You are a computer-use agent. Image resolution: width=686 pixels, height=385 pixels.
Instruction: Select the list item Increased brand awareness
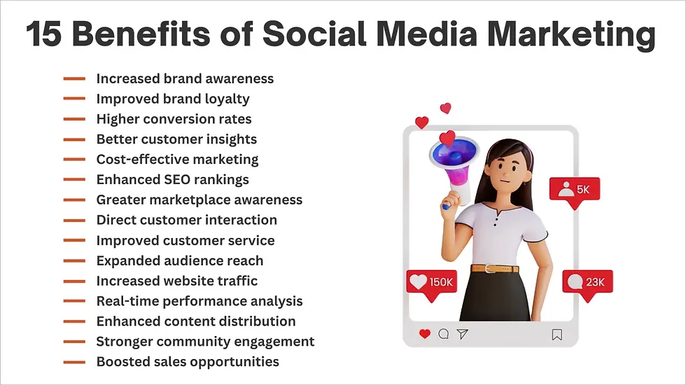(185, 79)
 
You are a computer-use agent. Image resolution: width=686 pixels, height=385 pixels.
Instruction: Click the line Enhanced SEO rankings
(172, 180)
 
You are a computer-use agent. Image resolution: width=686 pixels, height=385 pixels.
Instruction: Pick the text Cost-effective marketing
(177, 160)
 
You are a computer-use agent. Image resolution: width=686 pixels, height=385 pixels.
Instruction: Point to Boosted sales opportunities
(188, 362)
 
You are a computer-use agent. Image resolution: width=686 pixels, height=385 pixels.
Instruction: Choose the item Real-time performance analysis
(199, 301)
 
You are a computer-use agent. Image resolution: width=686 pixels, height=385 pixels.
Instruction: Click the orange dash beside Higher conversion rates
(74, 120)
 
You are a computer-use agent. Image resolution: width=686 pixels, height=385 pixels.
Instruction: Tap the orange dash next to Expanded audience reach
(74, 261)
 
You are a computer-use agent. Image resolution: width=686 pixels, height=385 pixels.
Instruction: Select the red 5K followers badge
(574, 190)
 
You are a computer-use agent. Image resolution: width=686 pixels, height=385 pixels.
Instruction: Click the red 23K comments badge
(587, 283)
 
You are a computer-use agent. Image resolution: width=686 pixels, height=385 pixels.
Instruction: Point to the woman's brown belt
(495, 269)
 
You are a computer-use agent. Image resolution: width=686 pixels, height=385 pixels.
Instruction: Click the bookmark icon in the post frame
(556, 335)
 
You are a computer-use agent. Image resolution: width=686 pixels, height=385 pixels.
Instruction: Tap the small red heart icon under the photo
(424, 335)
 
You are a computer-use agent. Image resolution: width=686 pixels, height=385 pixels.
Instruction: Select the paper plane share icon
(462, 335)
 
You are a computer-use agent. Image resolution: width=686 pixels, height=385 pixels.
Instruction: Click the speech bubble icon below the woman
(443, 335)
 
